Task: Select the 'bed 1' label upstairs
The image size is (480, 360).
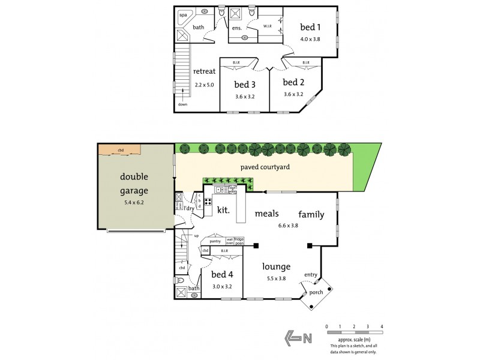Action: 310,27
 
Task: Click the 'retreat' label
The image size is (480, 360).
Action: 204,71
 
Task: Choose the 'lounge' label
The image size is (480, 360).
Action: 277,267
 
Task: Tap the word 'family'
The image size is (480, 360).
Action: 312,214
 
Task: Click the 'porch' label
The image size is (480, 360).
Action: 316,293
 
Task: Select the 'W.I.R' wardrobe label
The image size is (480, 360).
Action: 268,25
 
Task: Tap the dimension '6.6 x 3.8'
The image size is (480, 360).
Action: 289,226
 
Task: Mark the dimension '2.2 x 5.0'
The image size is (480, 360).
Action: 204,85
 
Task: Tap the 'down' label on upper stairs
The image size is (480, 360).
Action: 182,104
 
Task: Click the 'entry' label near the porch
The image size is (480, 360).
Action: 310,275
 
